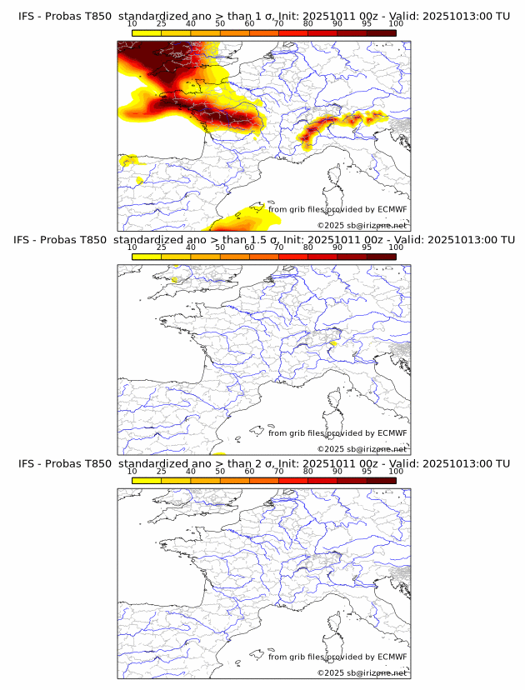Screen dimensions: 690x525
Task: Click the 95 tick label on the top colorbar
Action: (x=367, y=24)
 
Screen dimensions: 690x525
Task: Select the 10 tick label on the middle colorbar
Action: (x=132, y=247)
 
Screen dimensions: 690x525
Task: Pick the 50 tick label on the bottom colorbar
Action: (x=220, y=471)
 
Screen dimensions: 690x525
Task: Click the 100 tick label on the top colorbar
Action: (x=396, y=24)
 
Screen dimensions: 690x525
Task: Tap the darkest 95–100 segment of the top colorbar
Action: (x=381, y=32)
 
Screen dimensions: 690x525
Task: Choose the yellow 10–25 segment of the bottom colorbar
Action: (x=147, y=480)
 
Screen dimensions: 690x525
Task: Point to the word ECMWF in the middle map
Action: (x=392, y=432)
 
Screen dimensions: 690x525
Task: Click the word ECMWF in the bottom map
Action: (x=392, y=656)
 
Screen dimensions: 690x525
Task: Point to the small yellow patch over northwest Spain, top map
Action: (x=130, y=159)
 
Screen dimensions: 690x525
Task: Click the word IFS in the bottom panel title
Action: (x=27, y=463)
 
